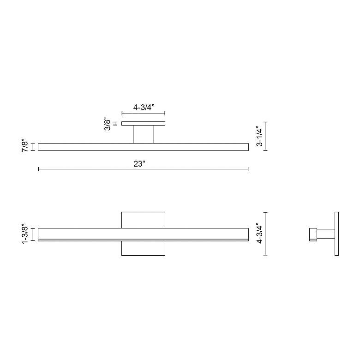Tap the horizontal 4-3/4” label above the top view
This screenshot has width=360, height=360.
(x=143, y=107)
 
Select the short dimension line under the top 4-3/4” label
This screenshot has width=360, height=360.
(x=143, y=114)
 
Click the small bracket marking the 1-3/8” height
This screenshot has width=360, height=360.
(x=33, y=234)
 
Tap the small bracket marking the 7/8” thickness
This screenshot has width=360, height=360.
(x=33, y=147)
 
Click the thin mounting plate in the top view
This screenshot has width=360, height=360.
(x=143, y=123)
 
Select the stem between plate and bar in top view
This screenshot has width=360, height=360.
(x=143, y=134)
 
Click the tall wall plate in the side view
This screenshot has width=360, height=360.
(x=336, y=234)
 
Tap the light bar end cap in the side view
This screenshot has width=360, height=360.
(x=312, y=234)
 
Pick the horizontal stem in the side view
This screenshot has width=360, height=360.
(x=325, y=234)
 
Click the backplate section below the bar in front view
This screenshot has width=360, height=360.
(x=143, y=248)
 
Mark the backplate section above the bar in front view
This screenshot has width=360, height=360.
(x=143, y=220)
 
